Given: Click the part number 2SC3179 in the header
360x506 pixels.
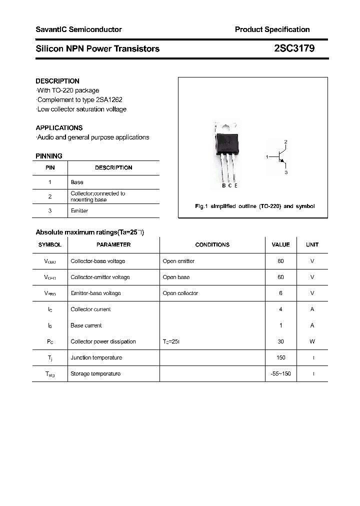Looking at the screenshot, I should pos(294,48).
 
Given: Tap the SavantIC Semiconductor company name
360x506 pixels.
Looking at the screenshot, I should pos(78,29).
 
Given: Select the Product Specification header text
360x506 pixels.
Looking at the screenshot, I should pos(272,29).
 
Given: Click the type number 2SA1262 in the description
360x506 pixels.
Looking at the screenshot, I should pos(108,99).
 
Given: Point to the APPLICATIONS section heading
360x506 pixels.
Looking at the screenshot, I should pos(59,127).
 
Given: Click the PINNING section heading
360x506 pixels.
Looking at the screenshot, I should pos(49,156).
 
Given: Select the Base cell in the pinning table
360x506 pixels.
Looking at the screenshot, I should pos(77,182).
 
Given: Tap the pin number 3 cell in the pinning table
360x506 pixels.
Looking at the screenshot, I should pos(50,210).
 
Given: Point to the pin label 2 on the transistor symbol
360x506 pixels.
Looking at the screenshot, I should pos(285,142).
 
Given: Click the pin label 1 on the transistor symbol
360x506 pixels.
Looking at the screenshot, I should pos(267,157).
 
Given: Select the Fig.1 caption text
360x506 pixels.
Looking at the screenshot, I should pos(254,206).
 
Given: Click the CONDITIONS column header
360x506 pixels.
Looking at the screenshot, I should pos(212,244).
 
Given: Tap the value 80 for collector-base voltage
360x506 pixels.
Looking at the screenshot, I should pos(280,261).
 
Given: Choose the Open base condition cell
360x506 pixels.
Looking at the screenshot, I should pos(176,277).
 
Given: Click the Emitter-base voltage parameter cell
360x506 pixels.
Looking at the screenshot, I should pos(95,293).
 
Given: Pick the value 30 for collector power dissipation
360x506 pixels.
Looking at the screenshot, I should pos(280,341).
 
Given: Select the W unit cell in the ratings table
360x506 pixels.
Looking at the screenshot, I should pos(312,341).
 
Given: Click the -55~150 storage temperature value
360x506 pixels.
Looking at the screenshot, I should pos(280,373).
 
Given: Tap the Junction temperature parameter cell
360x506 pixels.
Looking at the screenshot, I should pos(96,357).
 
